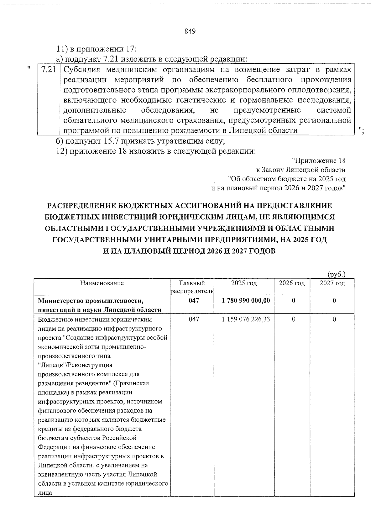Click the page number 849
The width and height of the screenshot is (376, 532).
pyautogui.click(x=190, y=31)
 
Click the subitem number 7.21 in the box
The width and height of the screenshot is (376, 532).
pyautogui.click(x=48, y=70)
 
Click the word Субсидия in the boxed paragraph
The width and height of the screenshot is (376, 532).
pyautogui.click(x=82, y=70)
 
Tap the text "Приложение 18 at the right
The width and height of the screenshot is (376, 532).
pyautogui.click(x=318, y=161)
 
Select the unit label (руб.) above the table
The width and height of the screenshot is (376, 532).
pyautogui.click(x=336, y=274)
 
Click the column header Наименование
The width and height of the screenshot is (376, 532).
pyautogui.click(x=102, y=283)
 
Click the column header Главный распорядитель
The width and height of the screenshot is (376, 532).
pyautogui.click(x=192, y=287)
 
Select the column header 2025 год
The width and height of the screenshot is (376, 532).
pyautogui.click(x=244, y=283)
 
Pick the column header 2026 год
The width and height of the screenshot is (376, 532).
pyautogui.click(x=292, y=283)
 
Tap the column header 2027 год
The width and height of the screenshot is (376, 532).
pyautogui.click(x=332, y=283)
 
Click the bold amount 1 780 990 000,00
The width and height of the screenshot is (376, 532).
pyautogui.click(x=245, y=301)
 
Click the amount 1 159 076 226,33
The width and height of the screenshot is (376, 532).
pyautogui.click(x=245, y=319)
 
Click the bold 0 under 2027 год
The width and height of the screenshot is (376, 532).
pyautogui.click(x=334, y=301)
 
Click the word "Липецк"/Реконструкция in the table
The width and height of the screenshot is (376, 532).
pyautogui.click(x=75, y=365)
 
